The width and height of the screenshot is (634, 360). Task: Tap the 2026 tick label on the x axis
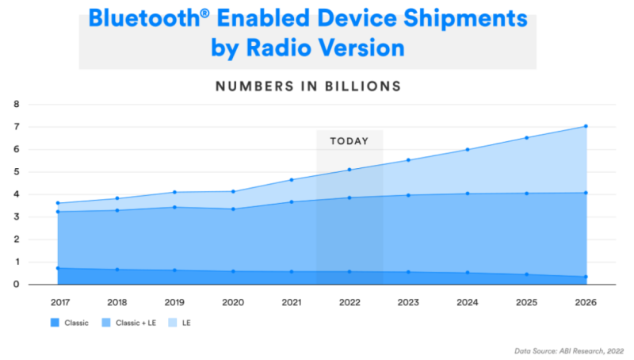click(x=586, y=303)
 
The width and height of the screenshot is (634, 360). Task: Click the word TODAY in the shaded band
click(x=349, y=141)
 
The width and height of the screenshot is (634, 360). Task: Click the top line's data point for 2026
click(x=586, y=126)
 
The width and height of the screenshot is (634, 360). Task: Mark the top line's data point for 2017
click(x=58, y=203)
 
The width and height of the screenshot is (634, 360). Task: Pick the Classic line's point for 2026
click(x=586, y=277)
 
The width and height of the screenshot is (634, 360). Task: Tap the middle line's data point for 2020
click(x=233, y=209)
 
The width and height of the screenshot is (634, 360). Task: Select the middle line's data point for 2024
click(x=468, y=193)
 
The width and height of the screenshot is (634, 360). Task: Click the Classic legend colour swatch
click(x=55, y=324)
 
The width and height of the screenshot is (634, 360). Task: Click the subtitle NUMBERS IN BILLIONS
click(x=308, y=85)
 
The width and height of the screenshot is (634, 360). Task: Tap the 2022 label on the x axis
click(x=350, y=303)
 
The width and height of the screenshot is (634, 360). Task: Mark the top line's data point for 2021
click(x=292, y=180)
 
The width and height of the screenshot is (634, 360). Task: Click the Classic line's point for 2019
click(x=174, y=270)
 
